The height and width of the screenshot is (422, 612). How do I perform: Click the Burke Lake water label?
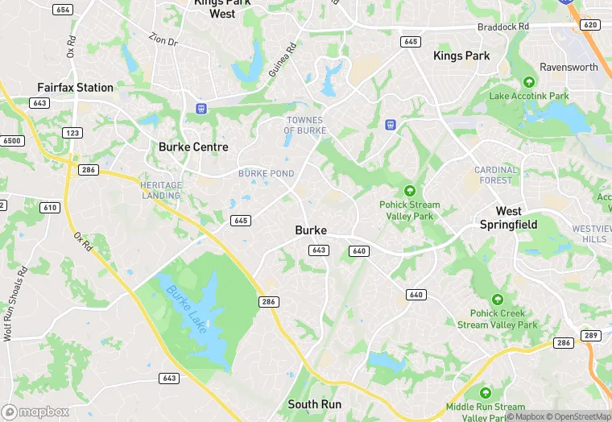187,307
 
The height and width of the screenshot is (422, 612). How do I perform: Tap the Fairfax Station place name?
75,87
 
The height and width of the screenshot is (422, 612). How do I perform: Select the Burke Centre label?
193,147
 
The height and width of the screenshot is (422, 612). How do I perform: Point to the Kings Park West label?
222,8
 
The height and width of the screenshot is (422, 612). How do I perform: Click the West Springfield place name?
508,217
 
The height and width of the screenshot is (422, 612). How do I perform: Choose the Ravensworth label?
569,67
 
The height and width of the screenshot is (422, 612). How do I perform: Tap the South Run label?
315,404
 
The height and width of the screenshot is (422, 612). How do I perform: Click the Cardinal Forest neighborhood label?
496,175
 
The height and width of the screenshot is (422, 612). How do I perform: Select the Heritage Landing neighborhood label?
162,190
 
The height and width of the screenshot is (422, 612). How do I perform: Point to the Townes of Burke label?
305,125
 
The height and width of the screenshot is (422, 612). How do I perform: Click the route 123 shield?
72,133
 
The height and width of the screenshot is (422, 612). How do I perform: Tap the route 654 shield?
62,10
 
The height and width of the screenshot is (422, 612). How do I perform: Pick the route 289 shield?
591,335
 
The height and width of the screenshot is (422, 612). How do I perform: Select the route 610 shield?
50,208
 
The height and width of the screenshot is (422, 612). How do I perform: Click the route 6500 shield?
12,140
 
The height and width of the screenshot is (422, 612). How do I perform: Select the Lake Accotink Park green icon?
529,82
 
